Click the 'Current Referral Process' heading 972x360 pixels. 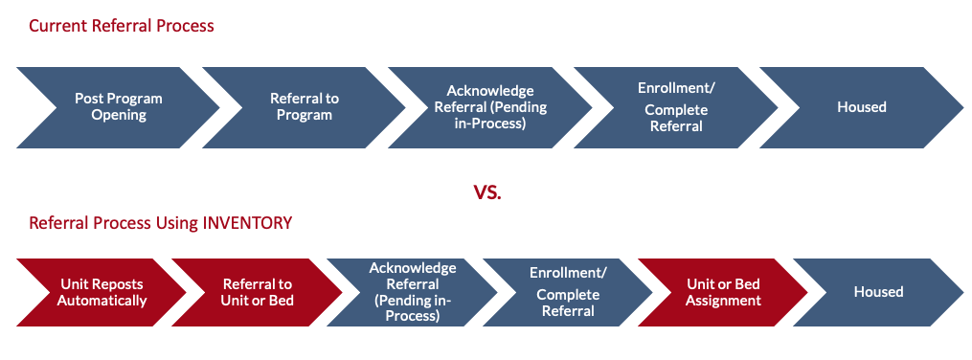(122, 26)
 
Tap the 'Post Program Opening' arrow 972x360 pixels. (119, 107)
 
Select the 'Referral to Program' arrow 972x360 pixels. (305, 107)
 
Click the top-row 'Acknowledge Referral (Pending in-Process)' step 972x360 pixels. (490, 107)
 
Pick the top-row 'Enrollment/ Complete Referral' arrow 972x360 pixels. (676, 107)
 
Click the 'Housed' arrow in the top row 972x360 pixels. (862, 107)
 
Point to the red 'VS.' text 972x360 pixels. (487, 192)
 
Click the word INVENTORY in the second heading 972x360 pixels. (247, 223)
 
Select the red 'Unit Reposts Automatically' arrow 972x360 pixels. (102, 292)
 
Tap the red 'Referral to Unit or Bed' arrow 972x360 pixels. (258, 292)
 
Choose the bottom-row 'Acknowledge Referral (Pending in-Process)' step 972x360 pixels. (412, 292)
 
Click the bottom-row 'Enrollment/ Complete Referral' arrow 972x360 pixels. (568, 292)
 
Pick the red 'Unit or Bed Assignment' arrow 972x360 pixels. (723, 292)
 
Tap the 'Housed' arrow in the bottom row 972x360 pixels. (879, 292)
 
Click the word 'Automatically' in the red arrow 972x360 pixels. (102, 302)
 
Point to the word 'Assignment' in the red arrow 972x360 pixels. (723, 302)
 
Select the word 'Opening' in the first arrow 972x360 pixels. (119, 115)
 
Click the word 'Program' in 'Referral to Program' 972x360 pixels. (305, 115)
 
